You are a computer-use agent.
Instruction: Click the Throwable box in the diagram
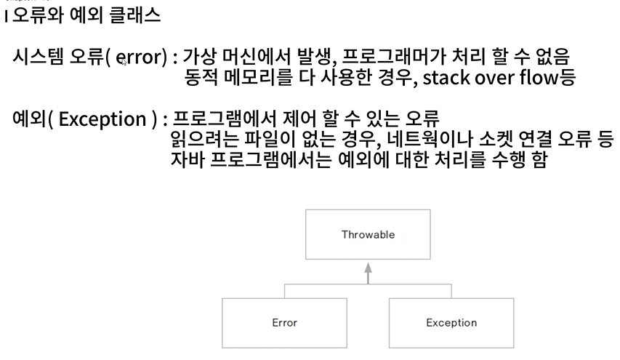367,235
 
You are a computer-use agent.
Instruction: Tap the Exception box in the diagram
451,322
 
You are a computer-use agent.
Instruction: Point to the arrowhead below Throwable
368,268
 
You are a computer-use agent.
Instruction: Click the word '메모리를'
251,79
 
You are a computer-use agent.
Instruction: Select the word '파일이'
260,139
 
